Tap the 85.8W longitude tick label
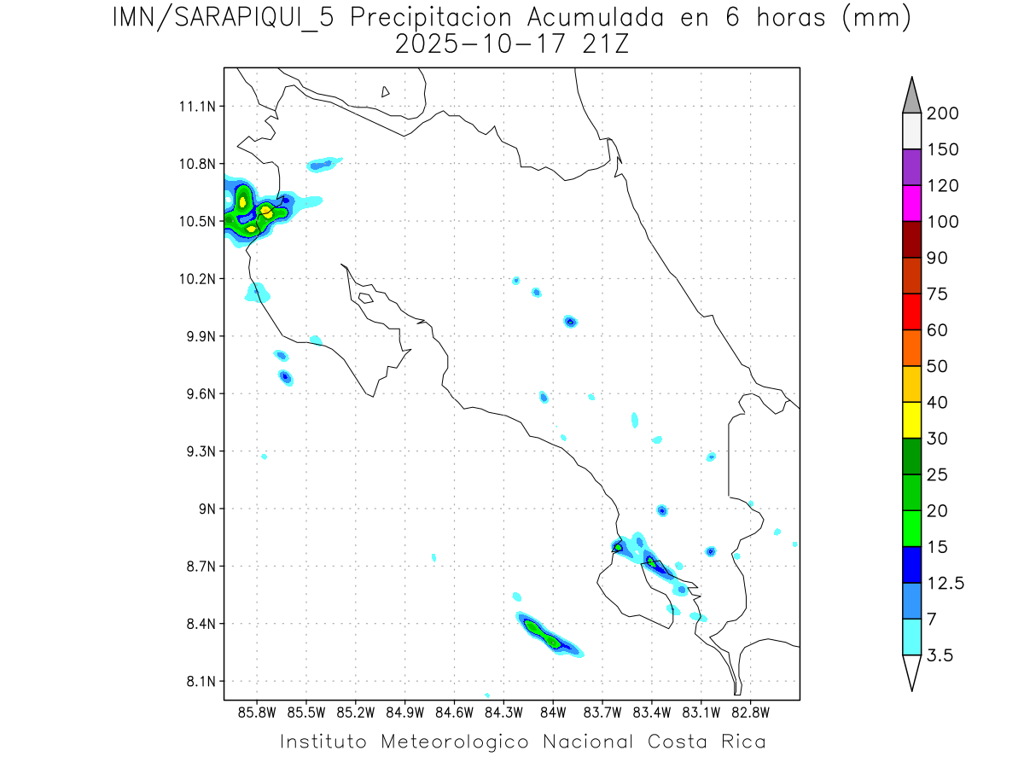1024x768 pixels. click(258, 711)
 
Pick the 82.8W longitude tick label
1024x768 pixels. click(750, 711)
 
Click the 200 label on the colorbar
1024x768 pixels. click(942, 113)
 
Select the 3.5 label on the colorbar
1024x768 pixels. click(940, 655)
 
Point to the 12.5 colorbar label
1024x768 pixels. click(945, 583)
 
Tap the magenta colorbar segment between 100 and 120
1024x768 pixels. click(911, 204)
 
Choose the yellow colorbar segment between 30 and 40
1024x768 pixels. click(911, 420)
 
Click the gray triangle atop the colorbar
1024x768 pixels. click(911, 96)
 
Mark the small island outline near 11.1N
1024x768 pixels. click(386, 91)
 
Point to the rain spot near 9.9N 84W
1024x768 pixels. click(570, 322)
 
